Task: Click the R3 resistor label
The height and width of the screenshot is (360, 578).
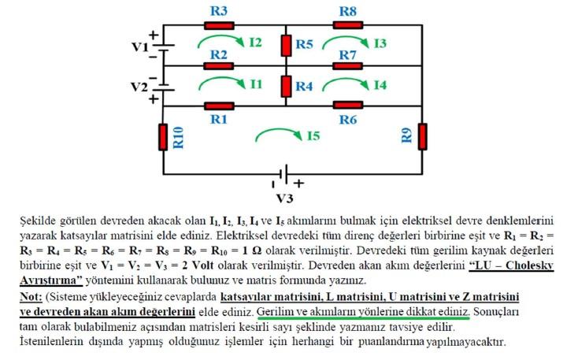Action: point(220,11)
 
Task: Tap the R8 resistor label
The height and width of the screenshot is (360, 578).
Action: point(348,11)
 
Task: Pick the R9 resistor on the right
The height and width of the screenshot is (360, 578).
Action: point(423,135)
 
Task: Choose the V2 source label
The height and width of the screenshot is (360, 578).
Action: point(139,85)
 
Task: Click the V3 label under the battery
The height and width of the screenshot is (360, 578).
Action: point(284,197)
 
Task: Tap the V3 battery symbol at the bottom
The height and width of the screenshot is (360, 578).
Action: point(283,173)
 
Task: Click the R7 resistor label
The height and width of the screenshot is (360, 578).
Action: point(348,54)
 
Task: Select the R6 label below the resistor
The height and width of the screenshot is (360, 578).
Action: point(348,119)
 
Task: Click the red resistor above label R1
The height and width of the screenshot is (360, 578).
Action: point(220,106)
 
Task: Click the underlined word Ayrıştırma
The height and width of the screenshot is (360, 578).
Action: point(50,279)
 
